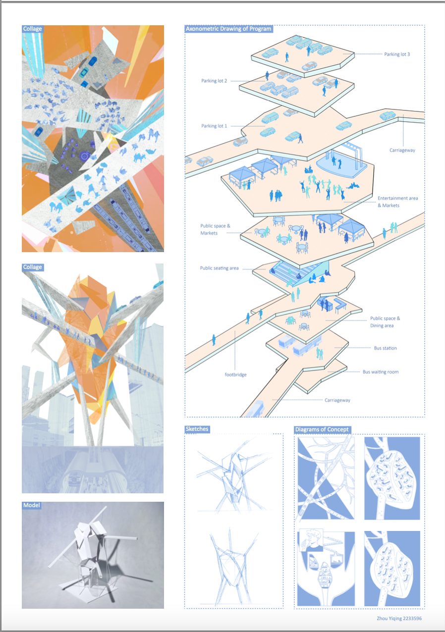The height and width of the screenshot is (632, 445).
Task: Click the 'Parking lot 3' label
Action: coord(397,54)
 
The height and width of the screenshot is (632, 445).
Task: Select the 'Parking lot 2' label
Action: coord(214,81)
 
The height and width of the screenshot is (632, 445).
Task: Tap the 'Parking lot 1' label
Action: coord(214,126)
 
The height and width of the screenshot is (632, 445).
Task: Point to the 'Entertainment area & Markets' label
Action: coord(397,202)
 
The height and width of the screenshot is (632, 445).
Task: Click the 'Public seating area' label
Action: coord(219,268)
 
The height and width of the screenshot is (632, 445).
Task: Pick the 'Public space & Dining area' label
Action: coord(385,322)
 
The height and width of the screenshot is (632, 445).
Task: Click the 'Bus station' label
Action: coord(385,348)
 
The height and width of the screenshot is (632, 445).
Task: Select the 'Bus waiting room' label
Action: coord(381,372)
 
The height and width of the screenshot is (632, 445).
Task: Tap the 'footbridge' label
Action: coord(235,374)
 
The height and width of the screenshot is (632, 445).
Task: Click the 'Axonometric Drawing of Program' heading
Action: coord(229,29)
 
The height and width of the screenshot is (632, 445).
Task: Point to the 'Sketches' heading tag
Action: coord(197,429)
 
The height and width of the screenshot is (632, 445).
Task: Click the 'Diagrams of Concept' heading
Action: coord(322,430)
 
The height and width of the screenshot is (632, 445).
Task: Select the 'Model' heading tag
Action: coord(32,505)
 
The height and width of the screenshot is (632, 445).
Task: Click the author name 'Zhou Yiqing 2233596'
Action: coord(399,619)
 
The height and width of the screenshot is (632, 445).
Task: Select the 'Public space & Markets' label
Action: coord(215,229)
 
